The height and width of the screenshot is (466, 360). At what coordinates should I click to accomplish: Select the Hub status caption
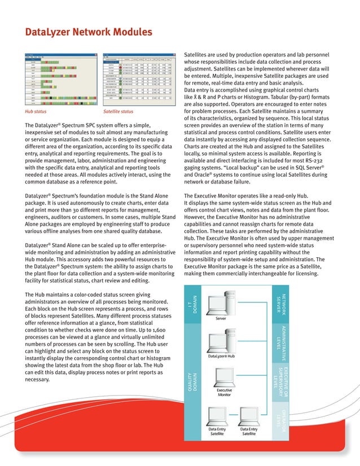(x=37, y=112)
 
